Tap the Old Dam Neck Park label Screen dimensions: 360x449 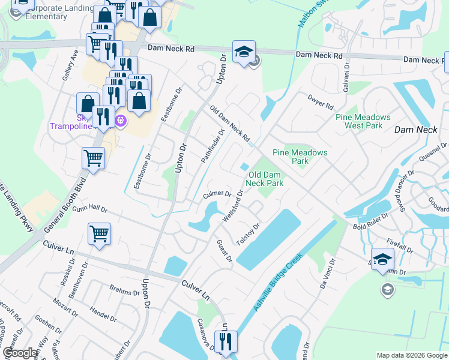(265, 179)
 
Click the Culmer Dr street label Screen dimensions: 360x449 (217, 194)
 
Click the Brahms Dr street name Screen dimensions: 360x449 (124, 290)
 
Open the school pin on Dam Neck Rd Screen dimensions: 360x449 (244, 53)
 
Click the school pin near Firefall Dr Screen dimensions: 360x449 (382, 260)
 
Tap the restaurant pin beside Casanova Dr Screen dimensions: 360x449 (226, 343)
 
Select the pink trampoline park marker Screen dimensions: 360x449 (121, 121)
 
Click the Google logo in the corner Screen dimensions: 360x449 (20, 353)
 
